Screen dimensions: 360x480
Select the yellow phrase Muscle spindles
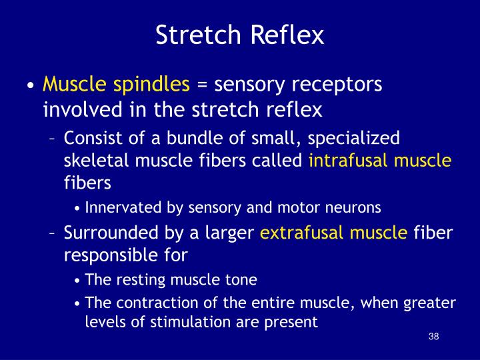[x=117, y=85]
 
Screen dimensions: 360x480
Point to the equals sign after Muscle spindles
[x=203, y=85]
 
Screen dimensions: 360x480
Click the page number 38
[x=434, y=336]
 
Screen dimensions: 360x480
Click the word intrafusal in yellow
[x=349, y=160]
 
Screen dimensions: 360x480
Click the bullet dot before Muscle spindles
[x=31, y=86]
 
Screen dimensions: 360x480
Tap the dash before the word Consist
[x=53, y=139]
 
